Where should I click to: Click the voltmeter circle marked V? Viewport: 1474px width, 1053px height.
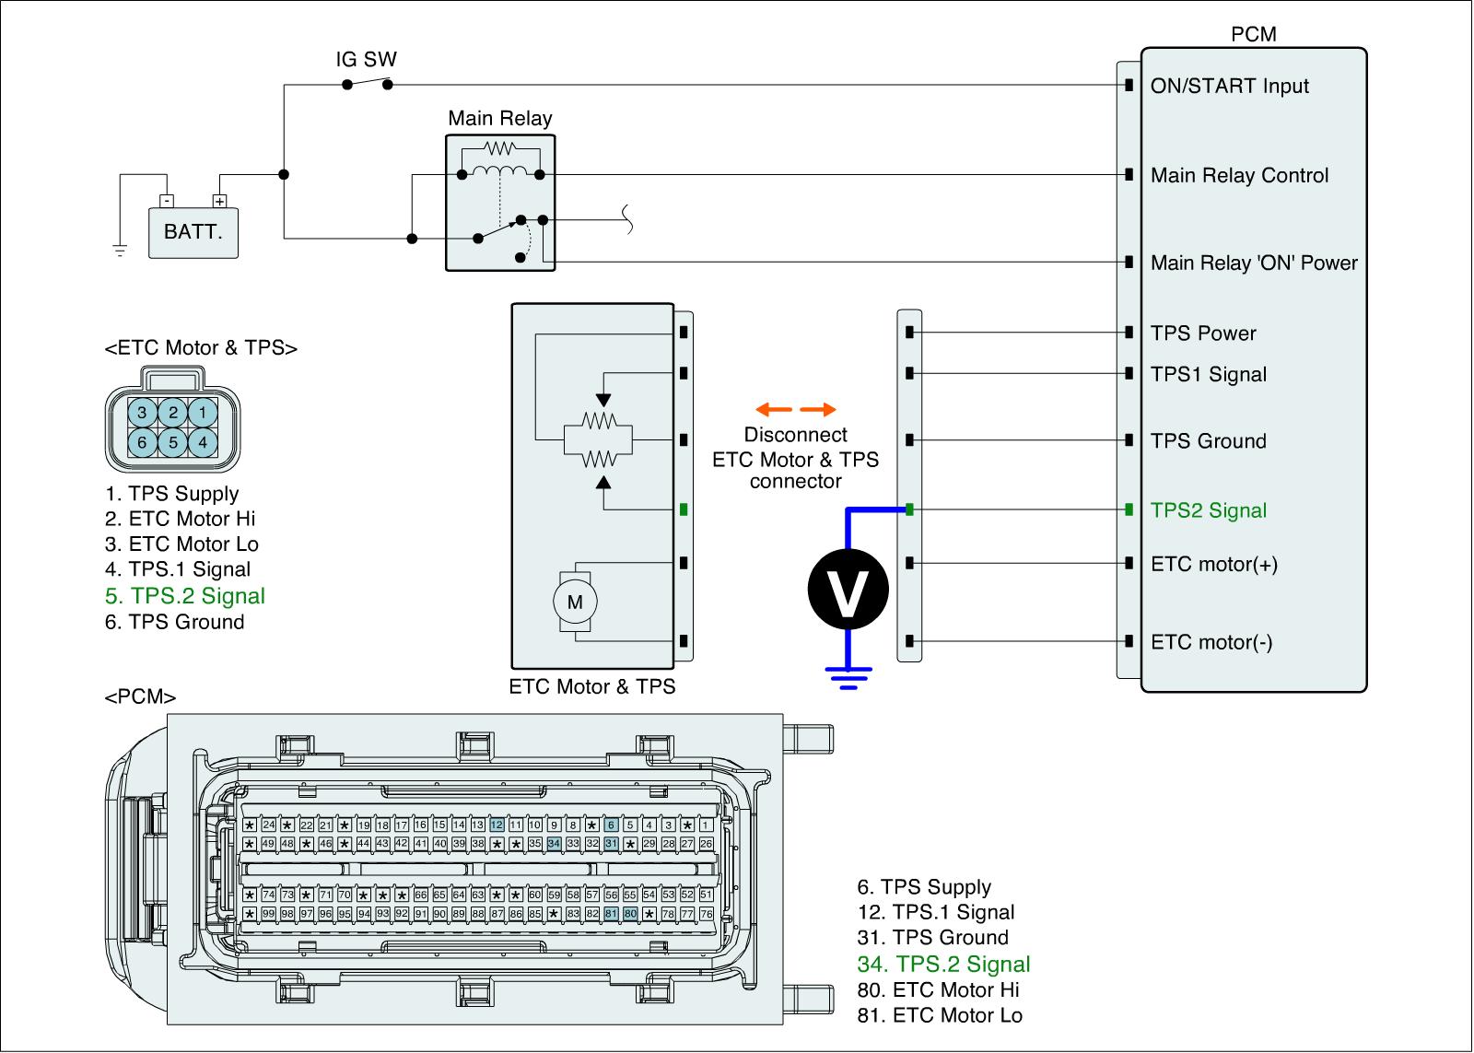(848, 589)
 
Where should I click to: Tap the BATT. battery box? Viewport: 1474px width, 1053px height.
(193, 233)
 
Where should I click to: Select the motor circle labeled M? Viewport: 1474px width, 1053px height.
(575, 602)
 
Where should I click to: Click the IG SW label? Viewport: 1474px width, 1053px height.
(366, 59)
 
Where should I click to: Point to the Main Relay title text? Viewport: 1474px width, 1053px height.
(500, 119)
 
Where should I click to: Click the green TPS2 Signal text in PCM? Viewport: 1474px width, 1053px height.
(1208, 510)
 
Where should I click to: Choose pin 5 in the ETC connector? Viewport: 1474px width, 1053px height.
(173, 442)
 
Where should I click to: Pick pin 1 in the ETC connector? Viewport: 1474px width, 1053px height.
(203, 413)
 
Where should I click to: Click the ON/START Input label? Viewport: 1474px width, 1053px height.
(1229, 86)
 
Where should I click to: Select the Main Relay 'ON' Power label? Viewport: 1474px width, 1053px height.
(1254, 263)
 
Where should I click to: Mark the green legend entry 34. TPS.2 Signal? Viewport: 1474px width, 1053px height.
(943, 965)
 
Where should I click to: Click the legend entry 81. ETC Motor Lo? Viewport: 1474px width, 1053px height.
(940, 1015)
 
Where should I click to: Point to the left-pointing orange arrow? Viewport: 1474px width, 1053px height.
(774, 409)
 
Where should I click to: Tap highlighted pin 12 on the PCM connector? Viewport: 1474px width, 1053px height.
(497, 825)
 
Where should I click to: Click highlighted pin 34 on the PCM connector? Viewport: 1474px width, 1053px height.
(554, 843)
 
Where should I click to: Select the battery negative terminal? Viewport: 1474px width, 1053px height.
(167, 201)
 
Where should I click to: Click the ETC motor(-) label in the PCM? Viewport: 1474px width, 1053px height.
(1211, 642)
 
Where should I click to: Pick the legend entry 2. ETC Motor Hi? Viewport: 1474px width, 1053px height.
(180, 519)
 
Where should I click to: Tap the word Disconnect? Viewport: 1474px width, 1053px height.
(796, 434)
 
